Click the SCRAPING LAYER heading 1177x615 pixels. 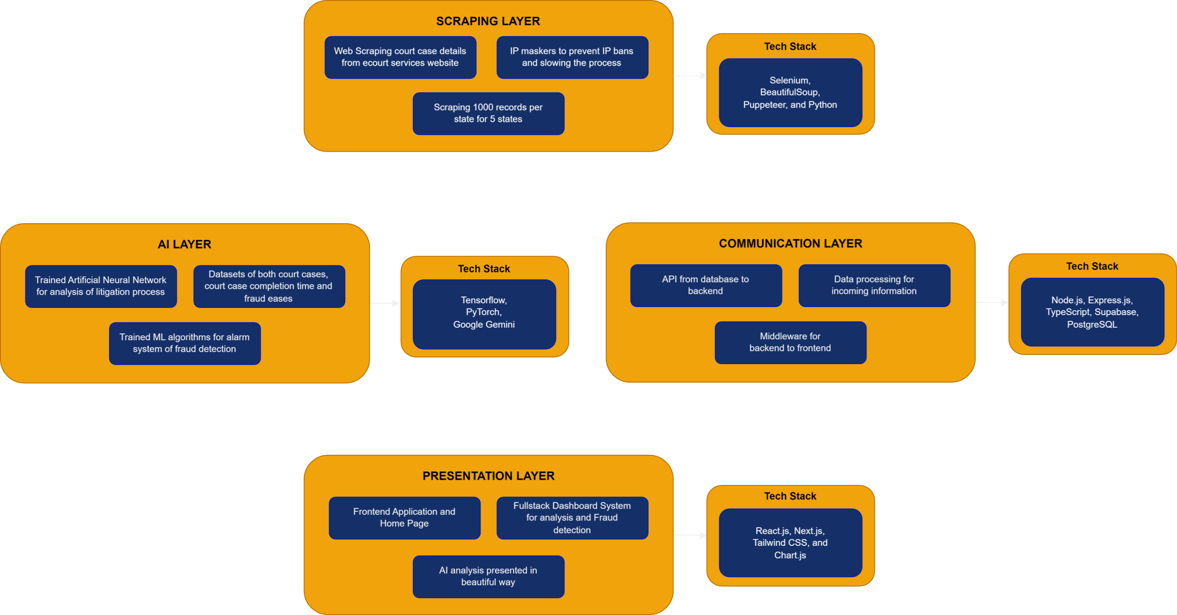pyautogui.click(x=488, y=21)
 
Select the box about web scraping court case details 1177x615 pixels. pyautogui.click(x=400, y=57)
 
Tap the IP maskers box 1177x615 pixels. pyautogui.click(x=572, y=57)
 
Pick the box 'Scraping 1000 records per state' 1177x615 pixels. pyautogui.click(x=488, y=113)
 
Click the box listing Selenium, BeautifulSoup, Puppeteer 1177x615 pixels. pyautogui.click(x=790, y=93)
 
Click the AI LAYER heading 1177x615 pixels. pyautogui.click(x=184, y=244)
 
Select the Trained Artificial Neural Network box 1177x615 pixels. pyautogui.click(x=101, y=286)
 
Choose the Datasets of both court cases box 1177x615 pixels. pyautogui.click(x=269, y=286)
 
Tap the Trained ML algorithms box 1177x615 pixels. pyautogui.click(x=185, y=343)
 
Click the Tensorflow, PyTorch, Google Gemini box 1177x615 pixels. pyautogui.click(x=484, y=314)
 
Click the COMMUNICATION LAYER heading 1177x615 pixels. pyautogui.click(x=790, y=243)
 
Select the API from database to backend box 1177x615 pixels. pyautogui.click(x=706, y=285)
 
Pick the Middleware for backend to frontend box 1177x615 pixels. pyautogui.click(x=790, y=342)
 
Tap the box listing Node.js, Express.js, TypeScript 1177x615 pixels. pyautogui.click(x=1092, y=312)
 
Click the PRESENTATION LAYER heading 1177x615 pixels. pyautogui.click(x=488, y=476)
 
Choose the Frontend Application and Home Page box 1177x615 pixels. pyautogui.click(x=404, y=518)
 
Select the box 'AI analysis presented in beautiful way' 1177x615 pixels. pyautogui.click(x=488, y=576)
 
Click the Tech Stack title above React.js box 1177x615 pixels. pyautogui.click(x=790, y=496)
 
